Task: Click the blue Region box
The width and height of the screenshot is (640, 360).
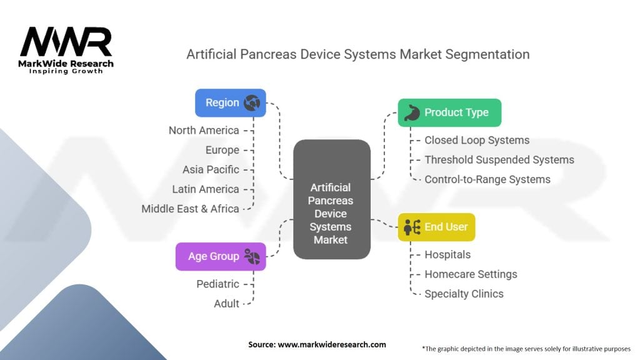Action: pos(230,102)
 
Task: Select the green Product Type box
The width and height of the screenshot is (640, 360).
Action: pos(449,112)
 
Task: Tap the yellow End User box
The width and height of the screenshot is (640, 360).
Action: pos(436,226)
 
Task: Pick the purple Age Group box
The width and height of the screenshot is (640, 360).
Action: pos(220,256)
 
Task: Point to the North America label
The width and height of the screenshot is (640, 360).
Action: pos(204,130)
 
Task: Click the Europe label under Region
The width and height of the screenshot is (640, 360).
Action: pos(222,150)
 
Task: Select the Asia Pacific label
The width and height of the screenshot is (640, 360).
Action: pos(211,169)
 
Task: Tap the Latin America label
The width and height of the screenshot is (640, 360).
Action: pos(206,189)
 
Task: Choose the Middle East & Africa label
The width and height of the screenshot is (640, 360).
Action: pos(191,209)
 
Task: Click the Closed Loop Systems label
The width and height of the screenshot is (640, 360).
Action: pos(477,140)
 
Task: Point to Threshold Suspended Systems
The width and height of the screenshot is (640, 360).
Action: pos(499,159)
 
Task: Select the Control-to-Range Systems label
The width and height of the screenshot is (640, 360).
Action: pos(487,179)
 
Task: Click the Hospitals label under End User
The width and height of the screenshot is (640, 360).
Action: pos(447,254)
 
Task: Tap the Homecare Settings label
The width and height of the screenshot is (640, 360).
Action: pos(471,274)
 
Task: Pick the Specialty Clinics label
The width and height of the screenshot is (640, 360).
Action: pos(464,294)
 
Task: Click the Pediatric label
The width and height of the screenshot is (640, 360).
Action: pos(217,284)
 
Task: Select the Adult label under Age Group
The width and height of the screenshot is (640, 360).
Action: pos(227,303)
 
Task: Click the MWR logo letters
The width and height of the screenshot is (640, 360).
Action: pos(66,42)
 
